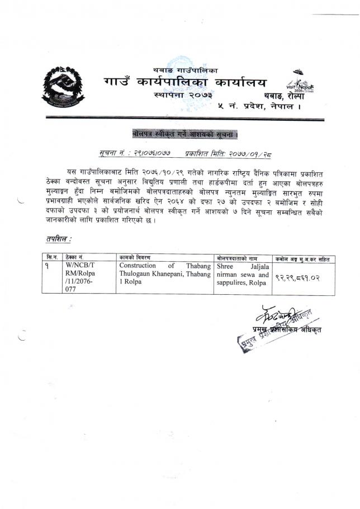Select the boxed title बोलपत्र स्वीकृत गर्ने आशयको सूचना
tap(185, 135)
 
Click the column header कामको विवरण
tap(134, 258)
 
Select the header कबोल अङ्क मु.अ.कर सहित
tap(304, 258)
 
